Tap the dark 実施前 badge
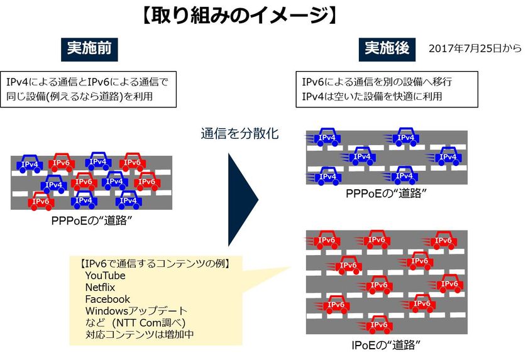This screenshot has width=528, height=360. [90, 49]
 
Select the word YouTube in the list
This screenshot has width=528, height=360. [105, 276]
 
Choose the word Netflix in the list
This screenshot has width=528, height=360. [101, 288]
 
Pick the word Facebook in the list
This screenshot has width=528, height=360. [107, 299]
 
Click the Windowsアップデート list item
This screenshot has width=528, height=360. [136, 311]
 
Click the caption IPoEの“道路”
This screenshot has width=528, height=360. [386, 345]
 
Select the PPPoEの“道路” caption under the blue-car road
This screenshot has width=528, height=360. [386, 194]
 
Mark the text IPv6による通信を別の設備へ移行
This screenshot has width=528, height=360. [377, 82]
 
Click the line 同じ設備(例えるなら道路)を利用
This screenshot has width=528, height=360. [79, 96]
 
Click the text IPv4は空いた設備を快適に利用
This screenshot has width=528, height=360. [372, 96]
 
